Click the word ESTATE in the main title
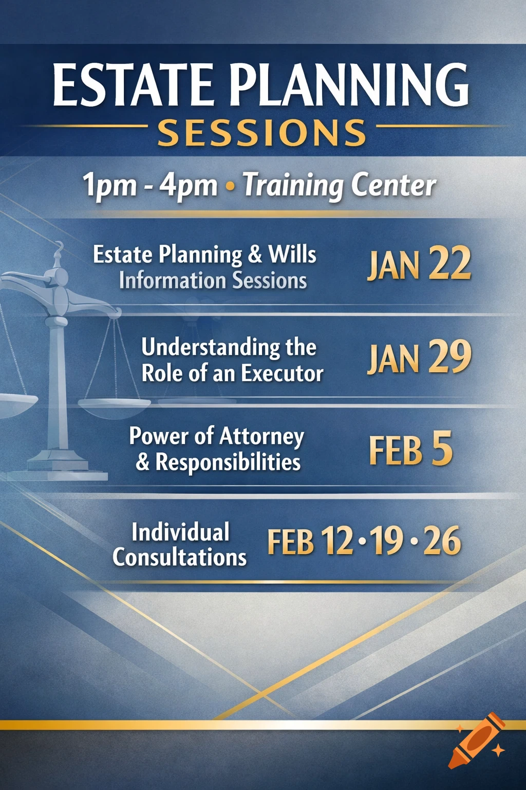point(133,85)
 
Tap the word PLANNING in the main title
point(349,85)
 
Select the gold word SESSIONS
point(262,133)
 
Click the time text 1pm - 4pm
point(150,185)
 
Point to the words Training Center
point(339,185)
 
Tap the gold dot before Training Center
point(230,186)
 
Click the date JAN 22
point(419,264)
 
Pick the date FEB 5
point(410,450)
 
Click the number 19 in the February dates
point(388,542)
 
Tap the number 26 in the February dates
point(442,542)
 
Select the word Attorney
point(262,437)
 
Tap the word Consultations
point(180,557)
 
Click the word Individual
point(180,532)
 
